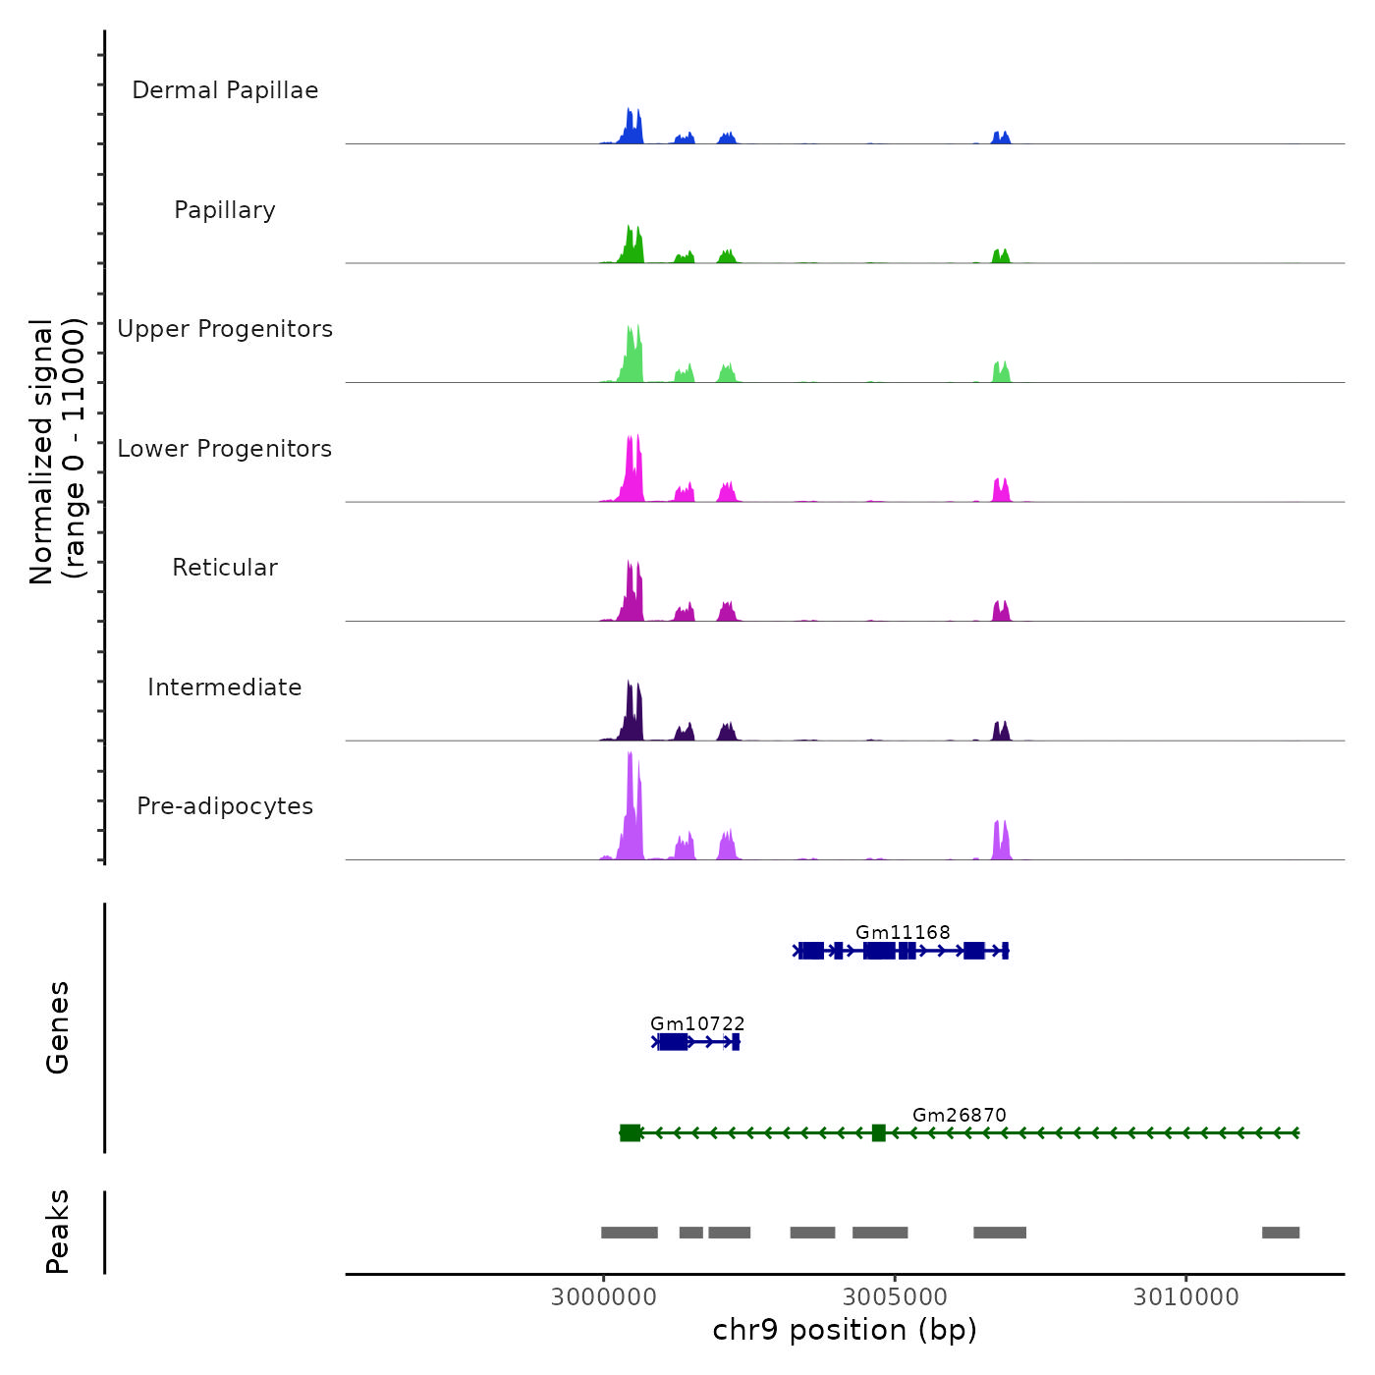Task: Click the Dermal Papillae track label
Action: pos(225,90)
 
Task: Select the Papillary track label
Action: pos(225,210)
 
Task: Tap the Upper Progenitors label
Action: pos(225,329)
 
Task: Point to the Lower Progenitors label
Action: pos(225,449)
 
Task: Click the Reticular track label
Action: pos(225,568)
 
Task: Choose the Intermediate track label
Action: pos(225,687)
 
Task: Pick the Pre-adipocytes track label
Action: pos(225,806)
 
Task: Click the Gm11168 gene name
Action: pos(903,932)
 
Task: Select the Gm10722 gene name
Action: pos(697,1024)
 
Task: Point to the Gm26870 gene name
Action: pos(960,1115)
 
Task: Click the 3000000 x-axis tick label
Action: pos(603,1297)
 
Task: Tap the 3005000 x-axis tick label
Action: pos(895,1297)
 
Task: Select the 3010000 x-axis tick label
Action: pos(1186,1297)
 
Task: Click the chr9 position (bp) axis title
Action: pos(845,1330)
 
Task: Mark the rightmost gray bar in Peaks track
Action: pos(1281,1233)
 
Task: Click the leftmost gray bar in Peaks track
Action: pos(630,1233)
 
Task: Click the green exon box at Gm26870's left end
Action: pos(631,1133)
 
